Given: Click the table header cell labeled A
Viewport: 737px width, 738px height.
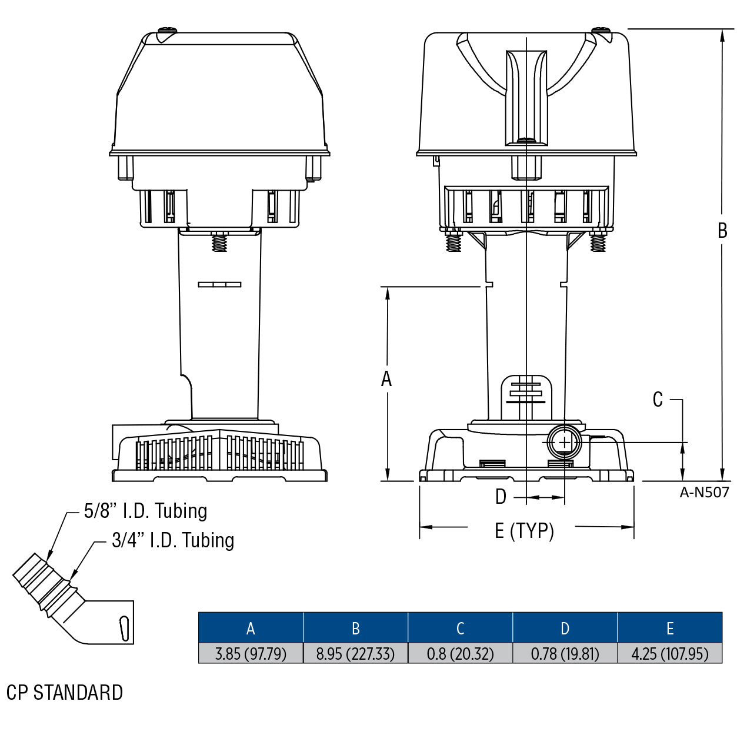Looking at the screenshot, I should coord(251,628).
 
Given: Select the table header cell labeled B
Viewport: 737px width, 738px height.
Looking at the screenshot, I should coord(355,628).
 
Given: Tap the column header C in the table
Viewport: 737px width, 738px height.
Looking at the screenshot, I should coord(460,628).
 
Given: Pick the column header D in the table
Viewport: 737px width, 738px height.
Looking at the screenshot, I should coord(565,628).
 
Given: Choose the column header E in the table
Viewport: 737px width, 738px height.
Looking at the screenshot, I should coord(669,628).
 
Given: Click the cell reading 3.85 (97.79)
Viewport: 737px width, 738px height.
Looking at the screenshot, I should coord(251,653).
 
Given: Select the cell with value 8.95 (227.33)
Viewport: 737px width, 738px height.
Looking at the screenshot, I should coord(355,653).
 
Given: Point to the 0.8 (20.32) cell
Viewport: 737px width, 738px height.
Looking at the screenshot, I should coord(460,653).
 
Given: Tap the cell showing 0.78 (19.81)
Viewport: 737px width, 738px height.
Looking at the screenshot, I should coord(565,653).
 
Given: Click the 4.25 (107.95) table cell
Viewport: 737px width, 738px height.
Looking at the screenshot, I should coord(669,653).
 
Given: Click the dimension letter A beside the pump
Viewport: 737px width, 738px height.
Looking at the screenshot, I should coord(386,379).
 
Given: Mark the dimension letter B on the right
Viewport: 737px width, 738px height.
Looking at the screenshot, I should coord(722,231).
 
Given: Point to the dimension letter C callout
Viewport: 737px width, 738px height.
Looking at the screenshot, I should coord(658,400).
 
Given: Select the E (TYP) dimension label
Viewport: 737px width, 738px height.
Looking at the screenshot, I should coord(524,531).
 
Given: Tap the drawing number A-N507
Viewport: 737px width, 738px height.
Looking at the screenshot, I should coord(704,493).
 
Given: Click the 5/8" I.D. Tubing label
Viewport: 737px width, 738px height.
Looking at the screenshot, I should coord(145,511).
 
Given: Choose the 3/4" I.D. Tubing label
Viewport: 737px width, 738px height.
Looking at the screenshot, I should coord(173,540).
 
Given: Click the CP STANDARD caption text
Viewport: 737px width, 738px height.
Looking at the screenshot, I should coord(65,693).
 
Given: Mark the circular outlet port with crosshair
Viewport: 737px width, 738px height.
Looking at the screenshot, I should coord(564,442).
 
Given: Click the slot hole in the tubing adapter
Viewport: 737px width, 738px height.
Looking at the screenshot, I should coord(124,629).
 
